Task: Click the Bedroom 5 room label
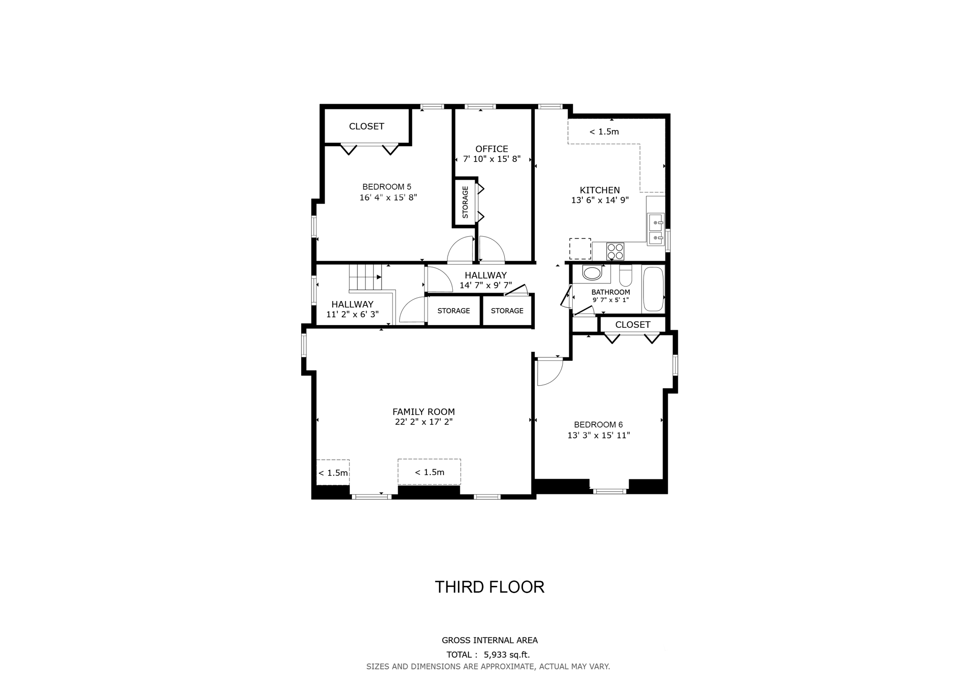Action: [x=387, y=187]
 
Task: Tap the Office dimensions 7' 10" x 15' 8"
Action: [x=491, y=159]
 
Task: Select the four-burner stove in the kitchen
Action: [x=615, y=251]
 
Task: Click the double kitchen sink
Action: [x=655, y=229]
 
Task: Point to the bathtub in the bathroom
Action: [x=653, y=289]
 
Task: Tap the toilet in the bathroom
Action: [x=625, y=275]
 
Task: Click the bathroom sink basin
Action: [x=592, y=274]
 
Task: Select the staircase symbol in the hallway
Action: [x=366, y=277]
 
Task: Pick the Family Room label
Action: [x=424, y=411]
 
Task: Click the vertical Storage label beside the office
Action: [x=465, y=202]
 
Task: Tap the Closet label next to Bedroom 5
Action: [x=367, y=126]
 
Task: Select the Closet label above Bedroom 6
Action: [x=632, y=325]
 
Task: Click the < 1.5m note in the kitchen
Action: [x=604, y=132]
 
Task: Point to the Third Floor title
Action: [x=489, y=587]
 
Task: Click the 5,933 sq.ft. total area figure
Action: [x=507, y=655]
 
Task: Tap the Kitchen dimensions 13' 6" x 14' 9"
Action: [x=599, y=201]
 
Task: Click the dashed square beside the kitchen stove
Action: [x=580, y=249]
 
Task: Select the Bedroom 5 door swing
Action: [x=460, y=251]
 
